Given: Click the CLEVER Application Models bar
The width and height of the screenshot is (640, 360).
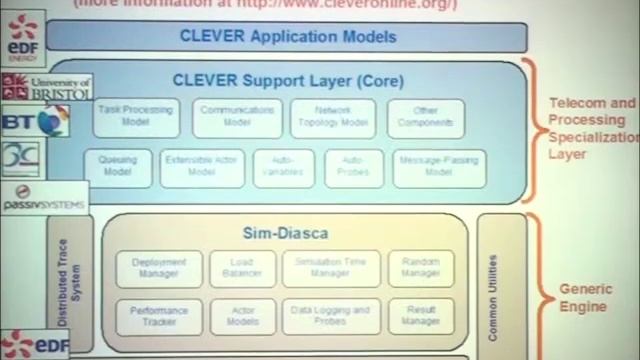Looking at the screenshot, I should point(286,38).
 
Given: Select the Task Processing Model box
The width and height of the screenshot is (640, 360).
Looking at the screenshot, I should point(137,118).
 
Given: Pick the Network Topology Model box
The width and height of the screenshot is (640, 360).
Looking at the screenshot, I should point(332,118).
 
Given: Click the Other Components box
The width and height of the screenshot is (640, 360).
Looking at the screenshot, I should point(425,118).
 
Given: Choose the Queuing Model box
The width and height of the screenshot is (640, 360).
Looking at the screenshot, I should point(119,168).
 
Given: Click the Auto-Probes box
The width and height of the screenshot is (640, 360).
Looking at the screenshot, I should point(354,168).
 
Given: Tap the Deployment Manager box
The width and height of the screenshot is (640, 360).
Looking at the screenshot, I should point(159,267).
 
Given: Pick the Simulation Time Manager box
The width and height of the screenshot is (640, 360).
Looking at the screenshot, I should point(331,267).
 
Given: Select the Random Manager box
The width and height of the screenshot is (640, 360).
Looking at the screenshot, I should point(420,267).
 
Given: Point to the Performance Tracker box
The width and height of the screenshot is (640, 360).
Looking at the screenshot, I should point(159,317).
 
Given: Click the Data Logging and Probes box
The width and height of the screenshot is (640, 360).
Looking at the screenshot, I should point(331,317).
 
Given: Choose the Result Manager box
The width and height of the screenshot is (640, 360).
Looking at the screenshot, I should point(420,317).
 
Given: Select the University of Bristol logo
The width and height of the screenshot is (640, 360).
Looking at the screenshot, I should point(45,86).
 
